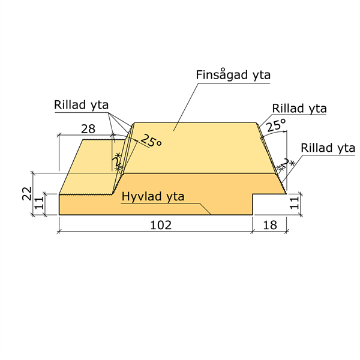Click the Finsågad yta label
[233, 75]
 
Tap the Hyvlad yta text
[152, 197]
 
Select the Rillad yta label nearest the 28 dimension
[81, 105]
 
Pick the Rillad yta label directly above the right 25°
[299, 109]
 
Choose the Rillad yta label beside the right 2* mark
[328, 148]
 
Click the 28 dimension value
[88, 129]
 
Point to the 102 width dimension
[161, 225]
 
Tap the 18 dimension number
[270, 225]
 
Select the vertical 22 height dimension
[27, 194]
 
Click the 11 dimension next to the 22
[39, 203]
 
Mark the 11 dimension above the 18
[295, 203]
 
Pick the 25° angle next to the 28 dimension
[151, 141]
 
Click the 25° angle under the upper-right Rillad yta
[276, 125]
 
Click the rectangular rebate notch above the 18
[269, 204]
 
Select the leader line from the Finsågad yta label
[185, 107]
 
